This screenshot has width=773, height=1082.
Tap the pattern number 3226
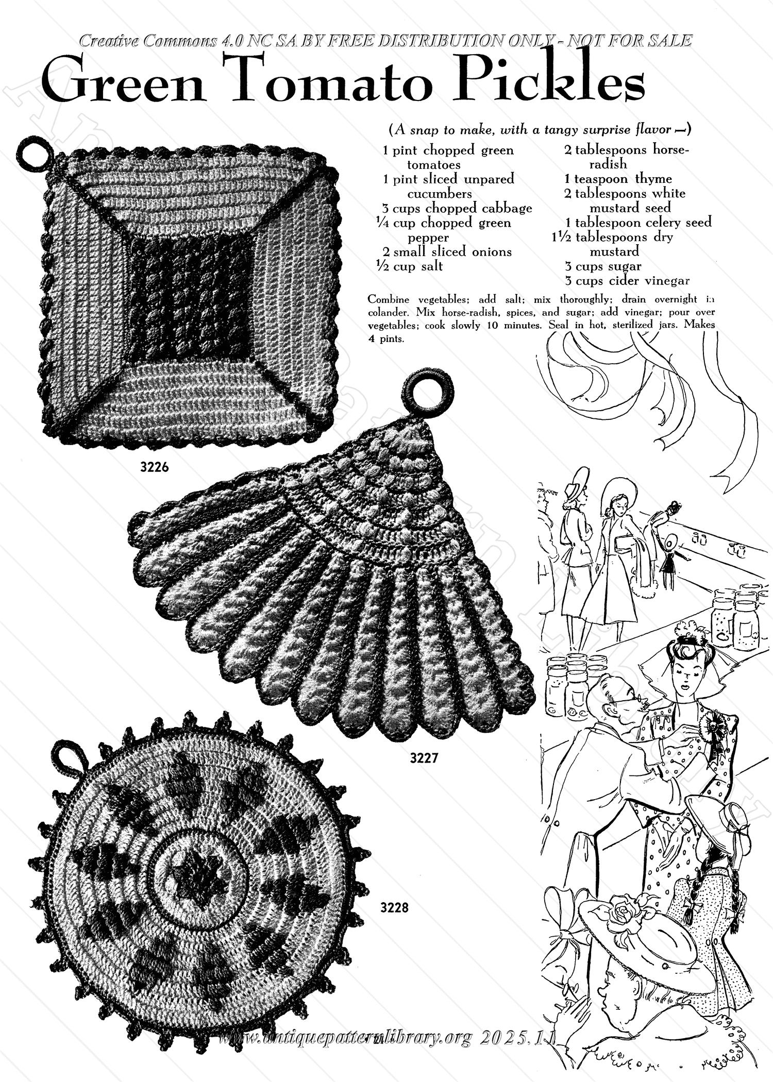154,467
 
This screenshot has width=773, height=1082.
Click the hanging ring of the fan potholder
427,393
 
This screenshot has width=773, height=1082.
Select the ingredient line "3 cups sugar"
602,266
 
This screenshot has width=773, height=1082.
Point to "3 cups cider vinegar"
627,281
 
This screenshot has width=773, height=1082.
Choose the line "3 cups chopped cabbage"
457,208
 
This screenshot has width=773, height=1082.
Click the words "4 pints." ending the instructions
386,339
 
